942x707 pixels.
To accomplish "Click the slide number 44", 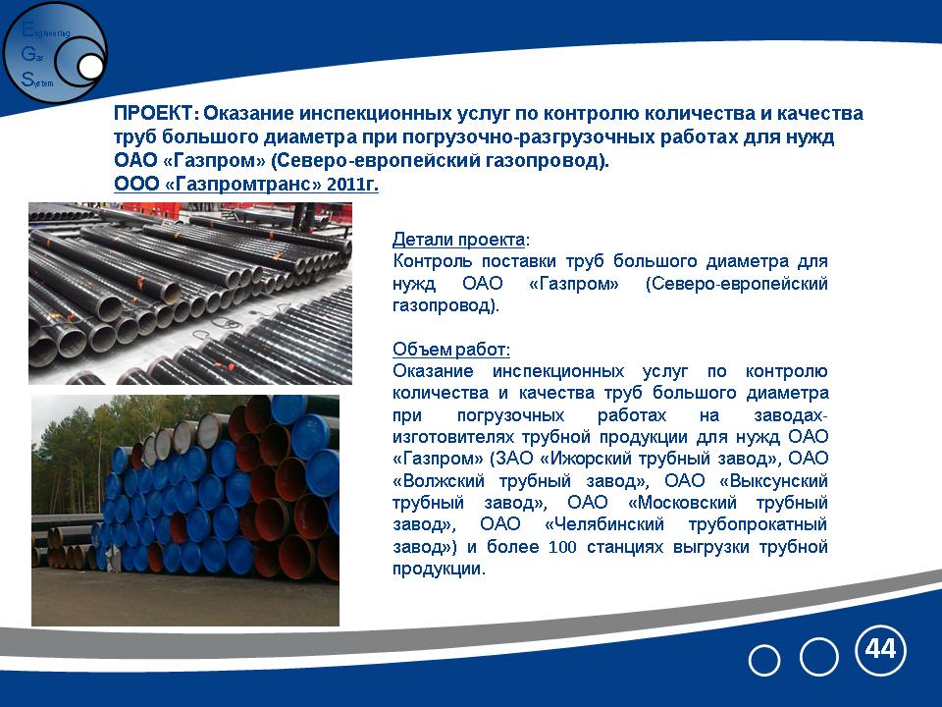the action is click(880, 649).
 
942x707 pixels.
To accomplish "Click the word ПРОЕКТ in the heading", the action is click(153, 113).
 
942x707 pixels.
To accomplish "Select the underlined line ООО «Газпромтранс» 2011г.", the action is click(246, 184).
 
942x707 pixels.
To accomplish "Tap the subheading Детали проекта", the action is click(458, 240).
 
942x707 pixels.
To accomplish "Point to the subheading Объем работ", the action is click(450, 350).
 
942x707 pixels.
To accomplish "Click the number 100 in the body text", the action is click(562, 547).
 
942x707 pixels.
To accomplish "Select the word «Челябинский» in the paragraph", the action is click(604, 524).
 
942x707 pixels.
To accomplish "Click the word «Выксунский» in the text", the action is click(773, 481).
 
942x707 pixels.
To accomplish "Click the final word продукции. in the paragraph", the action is click(439, 569).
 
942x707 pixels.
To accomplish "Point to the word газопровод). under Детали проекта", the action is click(445, 306).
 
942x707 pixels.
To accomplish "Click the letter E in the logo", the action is click(27, 29).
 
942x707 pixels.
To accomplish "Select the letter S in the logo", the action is click(27, 79).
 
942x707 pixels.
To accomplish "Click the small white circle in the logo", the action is click(90, 67).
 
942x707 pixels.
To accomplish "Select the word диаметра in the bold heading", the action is click(311, 137).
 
